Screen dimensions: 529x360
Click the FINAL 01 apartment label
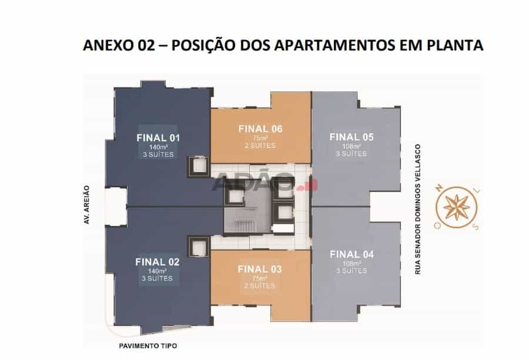[x=158, y=137]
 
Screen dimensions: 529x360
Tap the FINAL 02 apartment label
[x=157, y=262]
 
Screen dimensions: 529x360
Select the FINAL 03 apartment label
[x=259, y=269]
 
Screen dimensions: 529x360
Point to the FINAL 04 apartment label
[x=351, y=254]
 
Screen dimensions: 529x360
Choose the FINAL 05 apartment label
[x=351, y=137]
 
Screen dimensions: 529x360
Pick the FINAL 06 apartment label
[x=260, y=129]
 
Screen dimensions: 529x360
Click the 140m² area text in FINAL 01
[x=158, y=147]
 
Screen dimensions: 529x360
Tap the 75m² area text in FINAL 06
[x=260, y=138]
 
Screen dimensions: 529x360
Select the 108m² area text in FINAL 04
[x=351, y=264]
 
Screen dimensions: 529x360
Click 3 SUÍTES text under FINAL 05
[x=351, y=154]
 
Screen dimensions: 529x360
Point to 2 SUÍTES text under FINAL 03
[x=259, y=286]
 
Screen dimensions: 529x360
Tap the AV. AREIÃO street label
[x=87, y=204]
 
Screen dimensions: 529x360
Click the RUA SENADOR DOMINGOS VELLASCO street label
[x=418, y=209]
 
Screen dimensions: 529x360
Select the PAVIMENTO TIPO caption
[x=148, y=346]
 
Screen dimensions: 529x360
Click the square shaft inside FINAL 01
[x=197, y=167]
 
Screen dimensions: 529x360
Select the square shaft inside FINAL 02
[x=197, y=247]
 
